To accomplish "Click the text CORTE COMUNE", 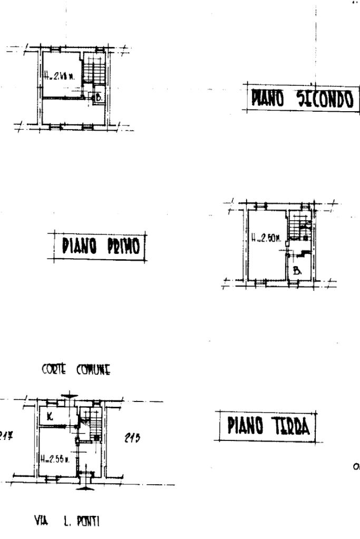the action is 76,370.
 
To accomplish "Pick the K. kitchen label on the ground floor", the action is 50,416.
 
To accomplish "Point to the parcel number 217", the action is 6,436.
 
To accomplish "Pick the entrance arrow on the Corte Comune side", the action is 69,396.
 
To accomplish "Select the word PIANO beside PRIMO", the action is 79,246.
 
